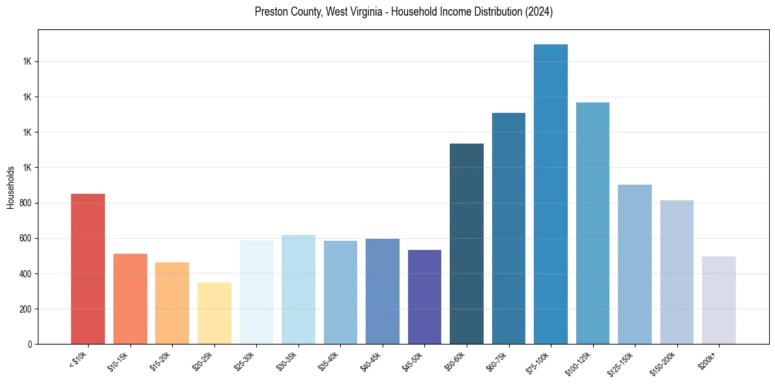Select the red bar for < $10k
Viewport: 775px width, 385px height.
(88, 269)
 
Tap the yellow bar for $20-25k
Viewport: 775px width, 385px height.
(214, 313)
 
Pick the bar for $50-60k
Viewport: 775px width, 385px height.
(467, 243)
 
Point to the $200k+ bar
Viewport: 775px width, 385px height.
(719, 300)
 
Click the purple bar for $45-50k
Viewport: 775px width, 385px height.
(424, 297)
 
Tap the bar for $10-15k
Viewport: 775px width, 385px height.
(130, 299)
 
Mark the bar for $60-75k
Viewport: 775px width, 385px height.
(508, 228)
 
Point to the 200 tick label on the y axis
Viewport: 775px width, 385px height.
(26, 309)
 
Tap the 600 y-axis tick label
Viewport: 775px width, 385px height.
(26, 238)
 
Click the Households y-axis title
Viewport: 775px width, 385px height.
(10, 187)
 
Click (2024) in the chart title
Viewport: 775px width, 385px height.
(539, 12)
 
